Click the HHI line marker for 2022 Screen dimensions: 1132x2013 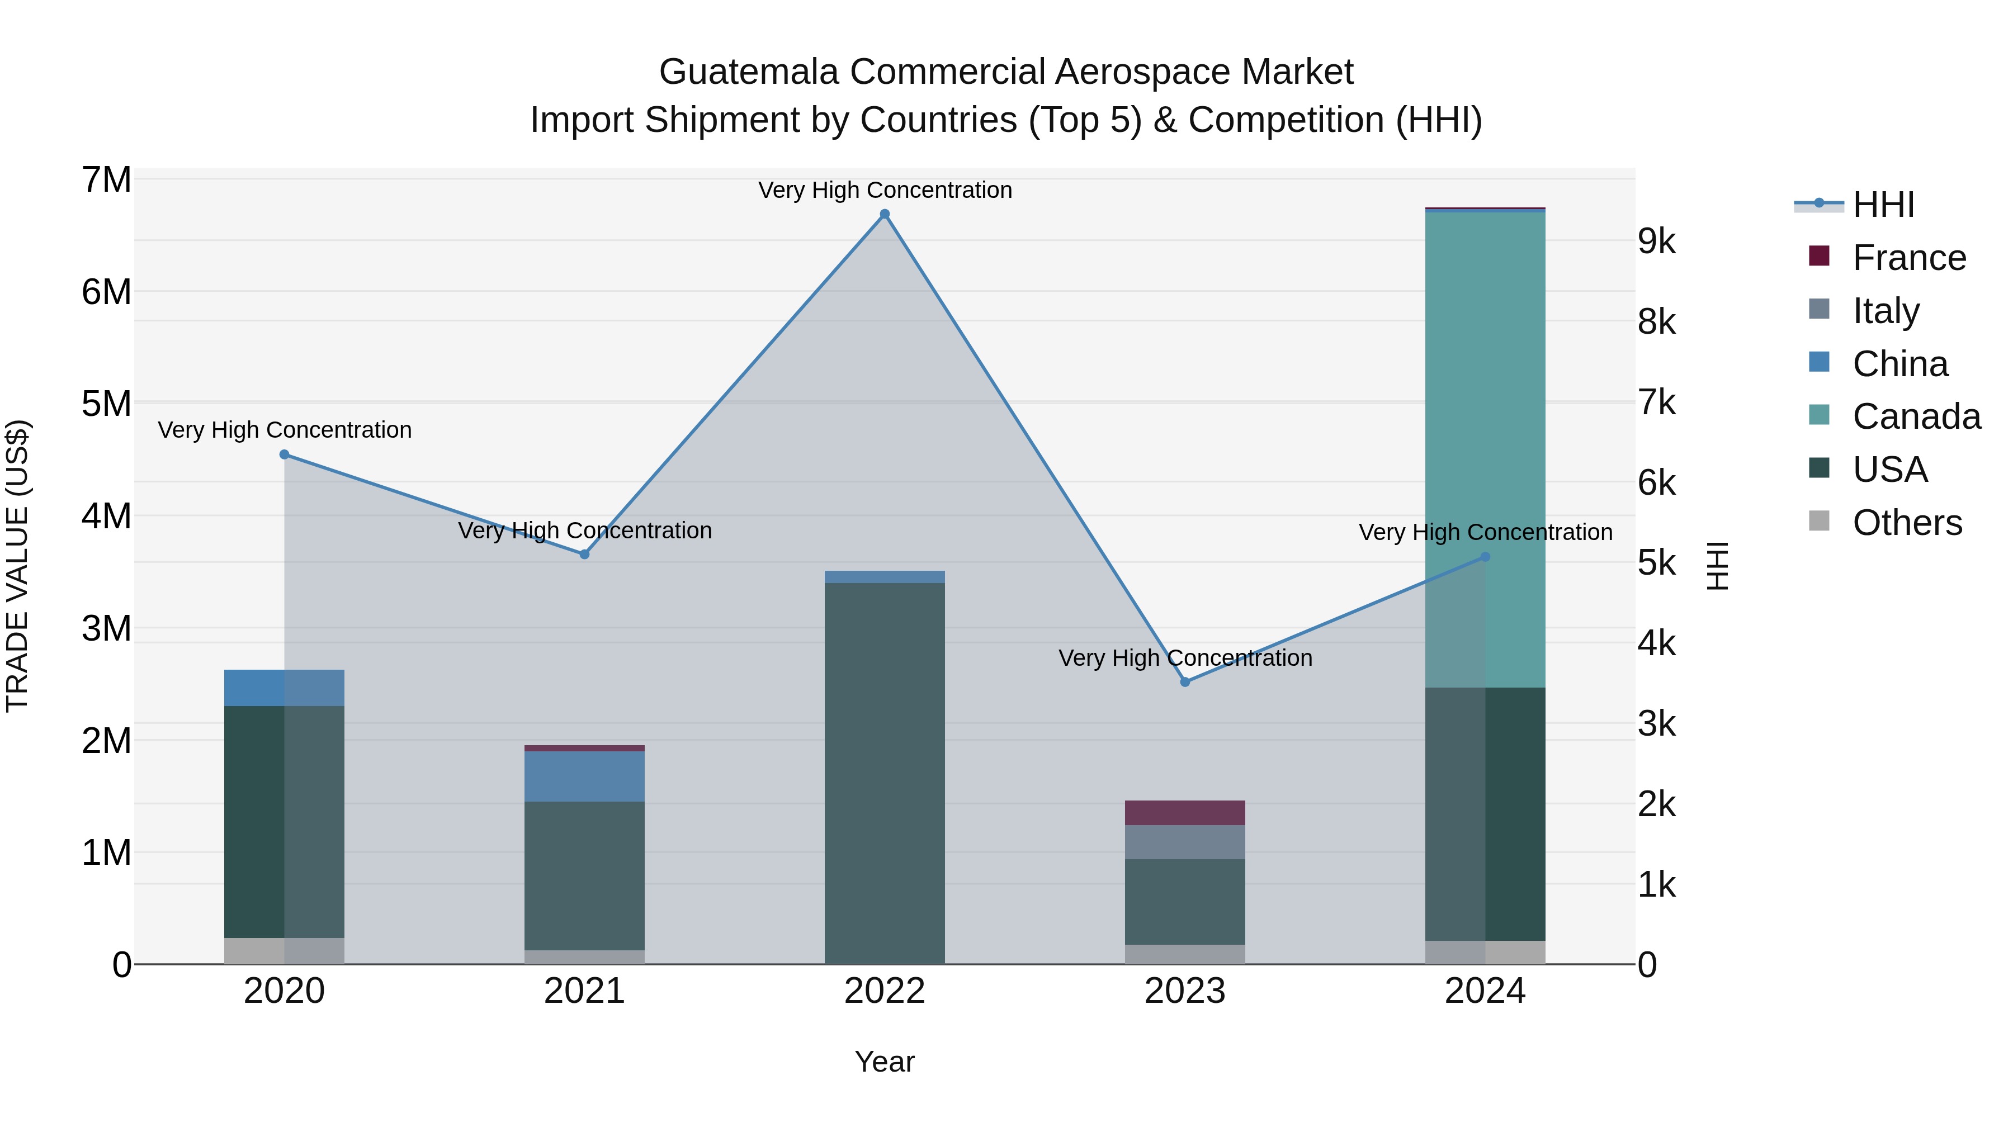(885, 214)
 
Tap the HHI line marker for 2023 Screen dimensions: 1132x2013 (1185, 682)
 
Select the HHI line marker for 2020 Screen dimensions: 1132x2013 (285, 454)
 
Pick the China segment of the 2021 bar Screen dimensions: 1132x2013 (584, 776)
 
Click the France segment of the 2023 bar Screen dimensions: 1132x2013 (1185, 812)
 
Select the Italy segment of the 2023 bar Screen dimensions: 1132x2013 (1185, 842)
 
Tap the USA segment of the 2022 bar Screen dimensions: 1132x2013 (885, 774)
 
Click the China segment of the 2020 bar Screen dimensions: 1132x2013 (285, 688)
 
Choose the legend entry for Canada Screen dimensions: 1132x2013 (1916, 416)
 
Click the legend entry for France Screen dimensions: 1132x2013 (1908, 258)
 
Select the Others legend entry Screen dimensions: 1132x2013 (1907, 523)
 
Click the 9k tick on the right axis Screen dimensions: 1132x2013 (1657, 241)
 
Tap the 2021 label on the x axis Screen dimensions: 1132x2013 (584, 991)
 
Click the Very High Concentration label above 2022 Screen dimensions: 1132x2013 (885, 190)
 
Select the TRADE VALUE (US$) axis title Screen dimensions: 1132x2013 (17, 566)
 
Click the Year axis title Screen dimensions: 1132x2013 (885, 1062)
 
